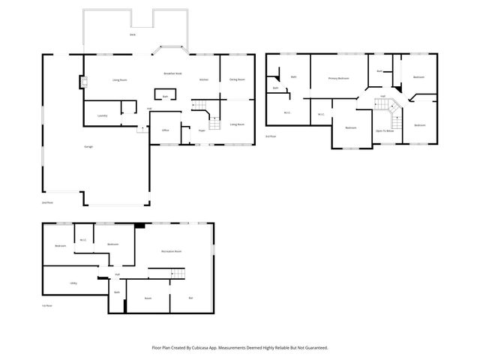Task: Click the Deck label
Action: click(133, 34)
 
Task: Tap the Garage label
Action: click(88, 146)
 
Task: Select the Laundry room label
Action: click(102, 115)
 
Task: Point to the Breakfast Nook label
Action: click(173, 73)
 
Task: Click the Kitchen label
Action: click(203, 79)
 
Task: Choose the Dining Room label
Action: click(237, 79)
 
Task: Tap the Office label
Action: click(165, 130)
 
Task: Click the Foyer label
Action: click(202, 130)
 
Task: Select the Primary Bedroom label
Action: click(339, 78)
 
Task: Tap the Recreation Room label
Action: click(172, 251)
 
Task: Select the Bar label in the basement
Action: click(190, 298)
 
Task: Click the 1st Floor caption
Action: click(46, 306)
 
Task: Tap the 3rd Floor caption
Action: click(271, 136)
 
